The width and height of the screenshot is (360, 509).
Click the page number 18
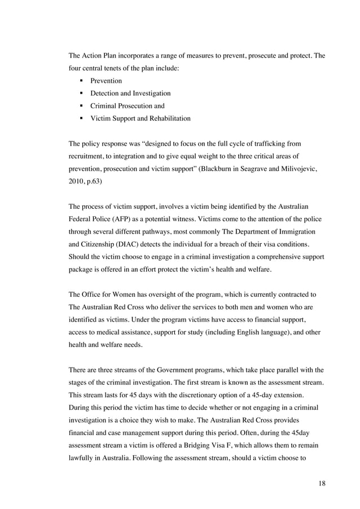coord(322,484)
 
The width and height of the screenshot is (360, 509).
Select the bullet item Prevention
coord(106,81)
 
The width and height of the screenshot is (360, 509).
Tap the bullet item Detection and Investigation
coord(130,93)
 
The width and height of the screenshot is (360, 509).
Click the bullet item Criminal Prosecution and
coord(127,106)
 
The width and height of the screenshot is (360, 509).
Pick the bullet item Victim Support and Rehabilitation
coord(140,119)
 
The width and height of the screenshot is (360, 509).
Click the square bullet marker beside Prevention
coord(82,81)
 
